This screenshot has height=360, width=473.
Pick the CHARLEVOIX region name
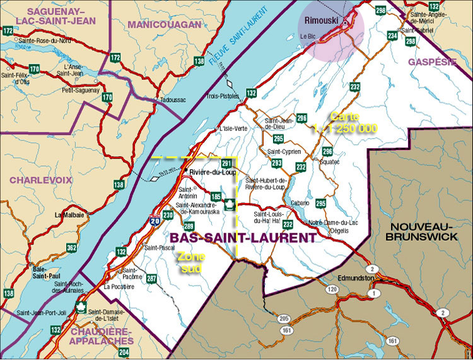coord(38,180)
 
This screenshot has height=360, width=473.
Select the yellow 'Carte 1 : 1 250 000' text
coord(345,122)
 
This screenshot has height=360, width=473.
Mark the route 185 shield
coord(216,196)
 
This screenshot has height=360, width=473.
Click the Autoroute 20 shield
coord(154,220)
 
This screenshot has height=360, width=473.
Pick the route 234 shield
coord(392,35)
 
